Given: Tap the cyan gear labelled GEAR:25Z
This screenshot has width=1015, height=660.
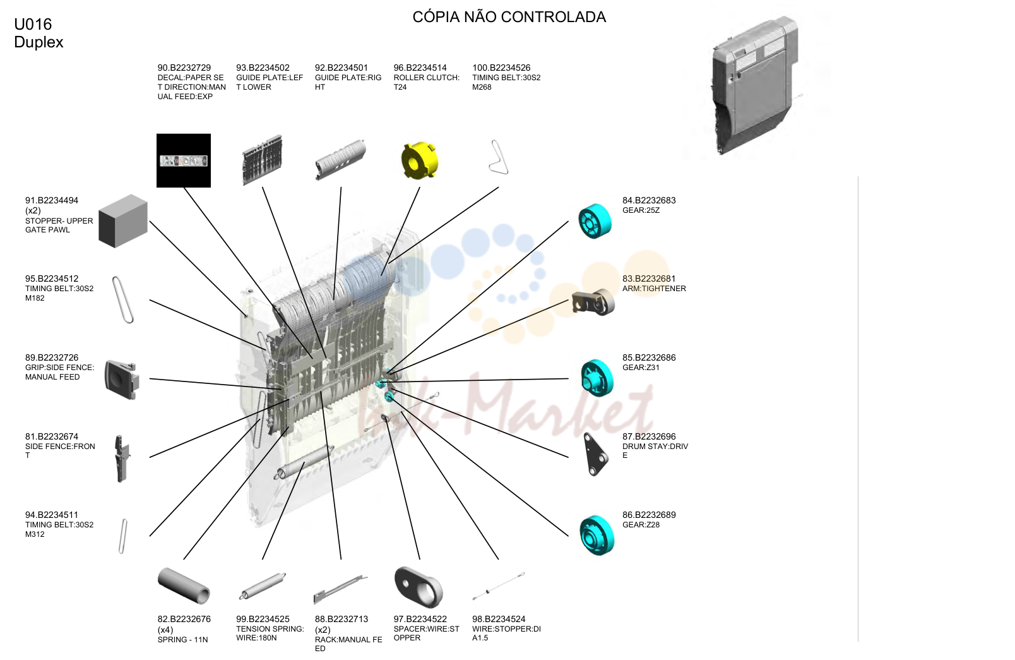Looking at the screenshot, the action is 595,221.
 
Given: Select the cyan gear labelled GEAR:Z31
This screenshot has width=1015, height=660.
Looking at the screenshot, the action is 597,378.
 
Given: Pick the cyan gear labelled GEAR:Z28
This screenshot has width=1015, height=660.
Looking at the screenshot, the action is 597,536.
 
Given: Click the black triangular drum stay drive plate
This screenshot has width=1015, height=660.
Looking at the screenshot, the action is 596,454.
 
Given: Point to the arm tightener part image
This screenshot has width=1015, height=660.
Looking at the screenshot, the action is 593,303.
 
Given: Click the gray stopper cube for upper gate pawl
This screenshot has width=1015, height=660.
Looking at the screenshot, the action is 123,221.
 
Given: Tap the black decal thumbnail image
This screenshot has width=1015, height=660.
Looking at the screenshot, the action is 184,160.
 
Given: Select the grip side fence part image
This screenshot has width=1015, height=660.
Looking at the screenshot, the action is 121,380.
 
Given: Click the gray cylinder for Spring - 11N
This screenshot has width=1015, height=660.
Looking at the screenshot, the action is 184,585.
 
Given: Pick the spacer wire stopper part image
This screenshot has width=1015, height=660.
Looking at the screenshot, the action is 418,587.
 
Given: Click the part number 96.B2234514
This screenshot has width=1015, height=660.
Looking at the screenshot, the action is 420,68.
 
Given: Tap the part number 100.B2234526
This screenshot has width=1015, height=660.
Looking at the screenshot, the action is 501,68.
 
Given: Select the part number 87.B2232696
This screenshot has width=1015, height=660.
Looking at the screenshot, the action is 649,436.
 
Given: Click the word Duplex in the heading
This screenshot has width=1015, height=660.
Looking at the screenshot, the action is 39,42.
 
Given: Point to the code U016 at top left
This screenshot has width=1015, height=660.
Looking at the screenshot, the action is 33,24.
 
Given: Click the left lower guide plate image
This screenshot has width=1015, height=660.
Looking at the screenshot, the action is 263,160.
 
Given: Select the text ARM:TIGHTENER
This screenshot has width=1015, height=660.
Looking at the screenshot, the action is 654,289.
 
